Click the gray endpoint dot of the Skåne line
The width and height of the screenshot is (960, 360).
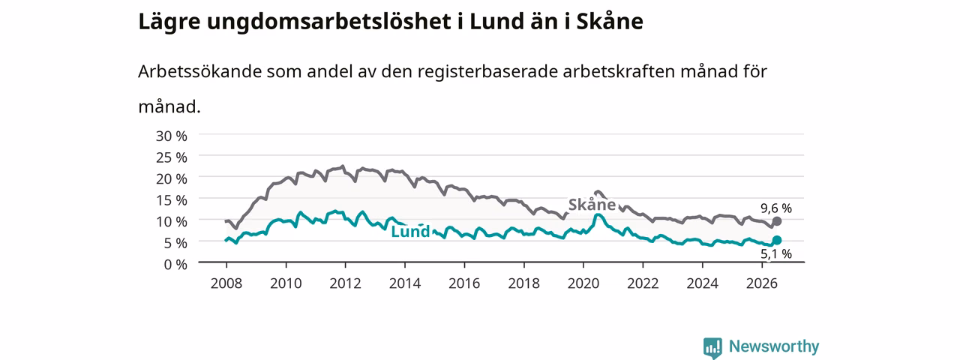(x=776, y=221)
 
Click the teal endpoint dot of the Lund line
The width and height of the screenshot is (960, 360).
(x=776, y=240)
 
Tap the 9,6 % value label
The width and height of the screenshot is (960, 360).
(x=776, y=208)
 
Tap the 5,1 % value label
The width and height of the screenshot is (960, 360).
(x=776, y=254)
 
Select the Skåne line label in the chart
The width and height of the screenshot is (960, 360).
(x=592, y=205)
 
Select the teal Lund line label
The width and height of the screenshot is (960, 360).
(x=410, y=232)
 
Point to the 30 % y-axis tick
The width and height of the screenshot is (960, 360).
(x=172, y=136)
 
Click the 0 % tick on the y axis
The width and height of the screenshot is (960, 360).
(x=175, y=265)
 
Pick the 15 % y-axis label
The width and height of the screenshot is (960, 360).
(x=172, y=200)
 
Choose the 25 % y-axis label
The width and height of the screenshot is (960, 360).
(x=172, y=157)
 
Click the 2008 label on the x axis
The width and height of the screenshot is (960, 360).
(x=226, y=283)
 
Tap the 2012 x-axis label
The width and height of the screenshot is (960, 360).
(x=346, y=283)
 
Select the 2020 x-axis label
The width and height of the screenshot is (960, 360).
(x=583, y=283)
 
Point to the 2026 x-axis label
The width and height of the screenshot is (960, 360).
(x=762, y=283)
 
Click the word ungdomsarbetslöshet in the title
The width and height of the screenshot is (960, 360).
(x=328, y=22)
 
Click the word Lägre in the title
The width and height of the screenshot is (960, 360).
(x=169, y=22)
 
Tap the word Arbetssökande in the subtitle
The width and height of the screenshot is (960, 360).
(x=199, y=71)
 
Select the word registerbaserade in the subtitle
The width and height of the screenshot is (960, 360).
(x=487, y=72)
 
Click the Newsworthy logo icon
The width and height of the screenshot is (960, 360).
(x=712, y=347)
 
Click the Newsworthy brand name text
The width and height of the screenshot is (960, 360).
(x=774, y=346)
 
